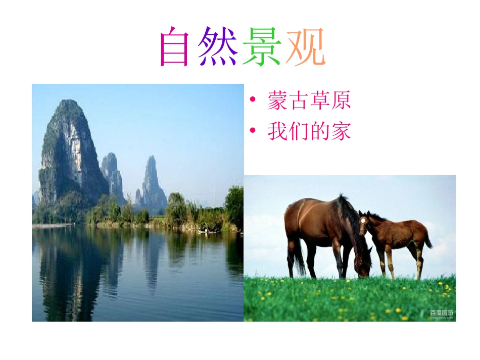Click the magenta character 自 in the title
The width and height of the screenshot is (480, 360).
tap(174, 47)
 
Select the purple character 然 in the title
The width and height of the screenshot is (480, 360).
tap(217, 47)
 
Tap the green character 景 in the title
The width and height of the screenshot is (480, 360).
tap(261, 47)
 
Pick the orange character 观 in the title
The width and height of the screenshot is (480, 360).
tap(305, 47)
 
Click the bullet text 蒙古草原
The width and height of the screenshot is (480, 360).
tap(309, 101)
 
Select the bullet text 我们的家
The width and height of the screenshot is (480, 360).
tap(309, 132)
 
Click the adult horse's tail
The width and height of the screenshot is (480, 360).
tap(298, 258)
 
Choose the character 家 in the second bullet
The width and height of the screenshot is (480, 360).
tap(341, 132)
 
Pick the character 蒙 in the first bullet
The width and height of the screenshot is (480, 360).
tap(277, 101)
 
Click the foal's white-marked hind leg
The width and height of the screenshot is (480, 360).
tap(419, 263)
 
